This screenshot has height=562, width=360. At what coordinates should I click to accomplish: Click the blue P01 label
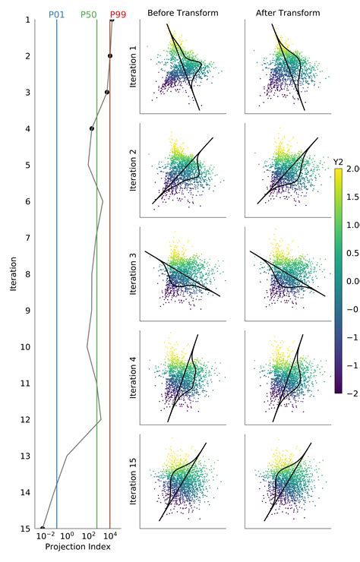tap(56, 14)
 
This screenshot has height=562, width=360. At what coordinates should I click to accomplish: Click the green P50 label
tap(89, 14)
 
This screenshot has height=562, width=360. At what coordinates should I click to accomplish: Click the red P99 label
tap(118, 14)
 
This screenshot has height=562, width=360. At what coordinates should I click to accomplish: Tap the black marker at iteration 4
tap(92, 128)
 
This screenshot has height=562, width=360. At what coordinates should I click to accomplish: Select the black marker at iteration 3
tap(107, 92)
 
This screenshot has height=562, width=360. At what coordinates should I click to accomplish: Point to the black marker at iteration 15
tap(43, 528)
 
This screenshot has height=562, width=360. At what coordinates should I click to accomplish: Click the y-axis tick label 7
tap(27, 238)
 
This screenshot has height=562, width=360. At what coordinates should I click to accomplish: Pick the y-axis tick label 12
tap(25, 419)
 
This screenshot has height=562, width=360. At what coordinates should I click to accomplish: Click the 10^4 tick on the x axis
tap(110, 538)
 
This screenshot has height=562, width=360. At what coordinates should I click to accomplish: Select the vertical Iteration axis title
tap(14, 273)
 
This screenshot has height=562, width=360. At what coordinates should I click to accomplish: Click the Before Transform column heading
tap(183, 13)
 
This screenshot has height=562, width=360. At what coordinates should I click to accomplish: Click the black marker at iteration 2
tap(110, 55)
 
